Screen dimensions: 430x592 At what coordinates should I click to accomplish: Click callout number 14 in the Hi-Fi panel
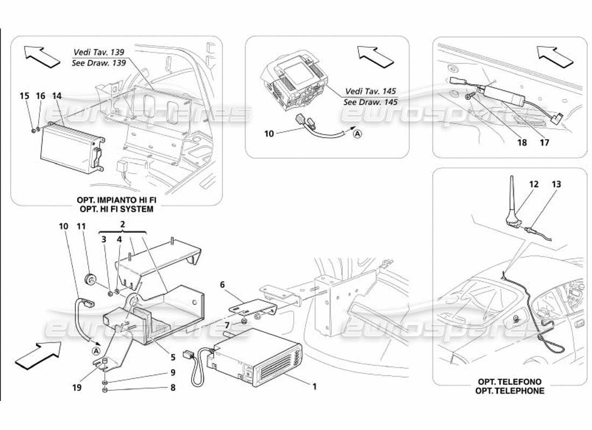click(57, 96)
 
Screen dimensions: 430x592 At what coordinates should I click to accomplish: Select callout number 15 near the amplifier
click(24, 96)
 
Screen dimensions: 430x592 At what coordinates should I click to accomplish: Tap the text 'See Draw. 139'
click(98, 62)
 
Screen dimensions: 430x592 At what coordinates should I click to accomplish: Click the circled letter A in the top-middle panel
click(358, 134)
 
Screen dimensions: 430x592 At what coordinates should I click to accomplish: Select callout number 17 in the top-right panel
click(545, 144)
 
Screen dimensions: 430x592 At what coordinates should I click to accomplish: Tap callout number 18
click(521, 144)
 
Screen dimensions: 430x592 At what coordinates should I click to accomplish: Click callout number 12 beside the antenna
click(533, 184)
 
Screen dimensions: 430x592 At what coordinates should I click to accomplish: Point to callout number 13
click(556, 184)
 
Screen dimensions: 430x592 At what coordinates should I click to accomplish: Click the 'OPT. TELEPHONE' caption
click(510, 390)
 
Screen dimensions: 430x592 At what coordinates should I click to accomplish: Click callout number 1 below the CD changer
click(314, 385)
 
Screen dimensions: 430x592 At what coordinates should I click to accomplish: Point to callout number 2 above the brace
click(123, 223)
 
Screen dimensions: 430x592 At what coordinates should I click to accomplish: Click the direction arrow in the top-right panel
click(554, 56)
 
